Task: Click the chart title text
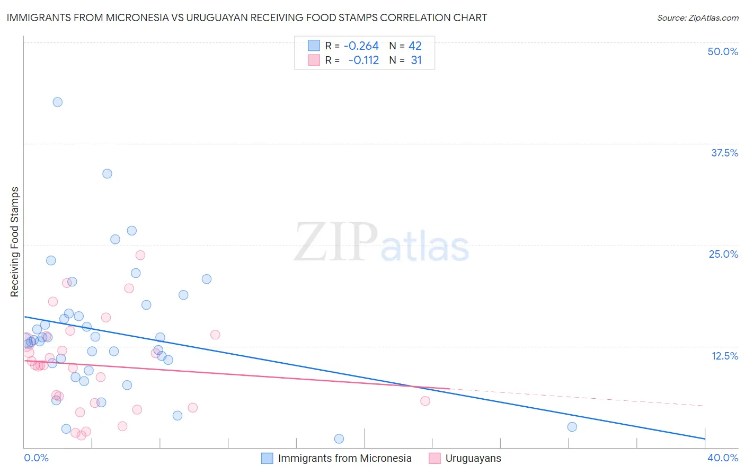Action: (x=247, y=17)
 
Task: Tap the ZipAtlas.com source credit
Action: (x=697, y=17)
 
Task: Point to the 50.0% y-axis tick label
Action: (x=723, y=51)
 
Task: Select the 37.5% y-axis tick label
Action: (x=724, y=153)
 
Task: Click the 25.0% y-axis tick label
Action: (x=723, y=254)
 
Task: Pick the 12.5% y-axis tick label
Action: (x=724, y=356)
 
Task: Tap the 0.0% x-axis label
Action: (x=36, y=458)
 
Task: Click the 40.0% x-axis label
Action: (x=723, y=458)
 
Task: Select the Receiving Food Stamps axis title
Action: (x=14, y=242)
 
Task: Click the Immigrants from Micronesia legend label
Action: (x=344, y=458)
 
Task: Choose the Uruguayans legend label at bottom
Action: (x=473, y=458)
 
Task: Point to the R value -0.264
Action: (x=361, y=46)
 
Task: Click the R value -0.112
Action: (x=363, y=60)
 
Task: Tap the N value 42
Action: (x=415, y=46)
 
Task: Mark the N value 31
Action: (x=416, y=60)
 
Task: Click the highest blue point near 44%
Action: (x=58, y=102)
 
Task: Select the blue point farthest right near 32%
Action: (x=572, y=427)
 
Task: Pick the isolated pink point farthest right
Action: (x=425, y=401)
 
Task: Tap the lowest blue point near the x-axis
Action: (x=339, y=439)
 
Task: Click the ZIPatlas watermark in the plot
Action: (x=382, y=243)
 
